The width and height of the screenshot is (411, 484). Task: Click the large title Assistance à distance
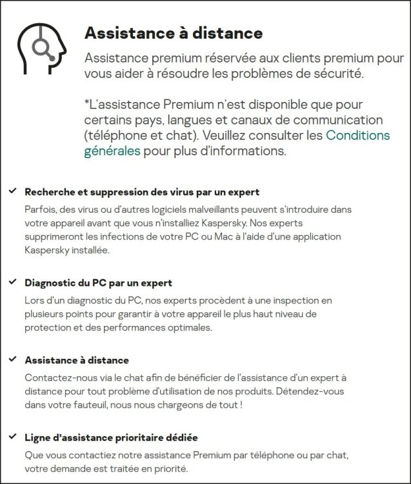click(x=174, y=33)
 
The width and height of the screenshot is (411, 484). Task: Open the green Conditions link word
click(x=357, y=136)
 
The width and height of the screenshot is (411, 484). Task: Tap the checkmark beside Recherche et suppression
click(x=12, y=192)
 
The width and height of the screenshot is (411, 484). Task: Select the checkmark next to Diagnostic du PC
click(x=12, y=282)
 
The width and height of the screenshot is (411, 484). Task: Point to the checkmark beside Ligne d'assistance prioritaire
click(x=12, y=437)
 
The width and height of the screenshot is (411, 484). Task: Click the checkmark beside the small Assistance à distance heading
click(x=12, y=359)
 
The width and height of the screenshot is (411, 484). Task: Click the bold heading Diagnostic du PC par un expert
click(x=98, y=283)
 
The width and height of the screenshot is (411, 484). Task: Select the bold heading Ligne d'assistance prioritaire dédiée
click(x=110, y=438)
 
